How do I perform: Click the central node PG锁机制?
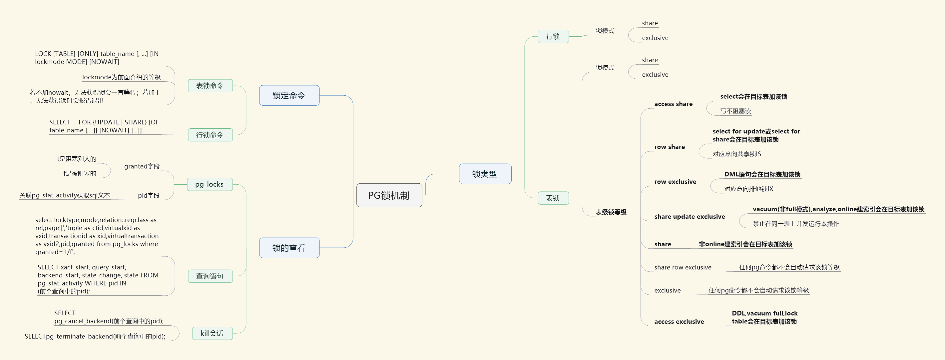(x=389, y=195)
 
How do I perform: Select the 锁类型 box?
(x=485, y=174)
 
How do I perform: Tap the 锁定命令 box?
(x=289, y=95)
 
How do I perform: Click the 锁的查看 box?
(x=289, y=248)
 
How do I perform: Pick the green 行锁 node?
(x=553, y=36)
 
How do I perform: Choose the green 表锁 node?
(x=553, y=198)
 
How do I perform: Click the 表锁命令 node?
(x=210, y=86)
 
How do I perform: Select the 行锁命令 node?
(x=210, y=135)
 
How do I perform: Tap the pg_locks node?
(x=210, y=184)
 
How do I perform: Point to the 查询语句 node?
(x=210, y=276)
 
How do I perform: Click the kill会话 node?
(x=212, y=333)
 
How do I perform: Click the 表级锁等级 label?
(x=611, y=212)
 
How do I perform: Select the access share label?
(x=673, y=104)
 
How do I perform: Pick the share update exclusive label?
(x=689, y=217)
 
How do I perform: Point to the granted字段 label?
(x=142, y=166)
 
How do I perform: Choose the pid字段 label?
(x=149, y=196)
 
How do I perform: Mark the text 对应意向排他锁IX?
(x=748, y=189)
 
